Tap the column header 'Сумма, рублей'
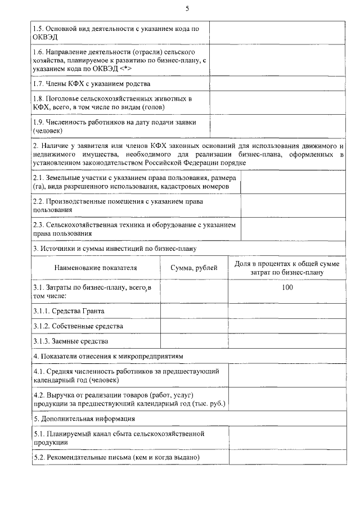pyautogui.click(x=194, y=268)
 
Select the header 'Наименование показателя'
pyautogui.click(x=96, y=268)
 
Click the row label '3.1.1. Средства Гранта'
pyautogui.click(x=69, y=310)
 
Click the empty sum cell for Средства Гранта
pyautogui.click(x=194, y=310)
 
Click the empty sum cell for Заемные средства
pyautogui.click(x=194, y=341)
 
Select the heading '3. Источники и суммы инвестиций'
pyautogui.click(x=114, y=247)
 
